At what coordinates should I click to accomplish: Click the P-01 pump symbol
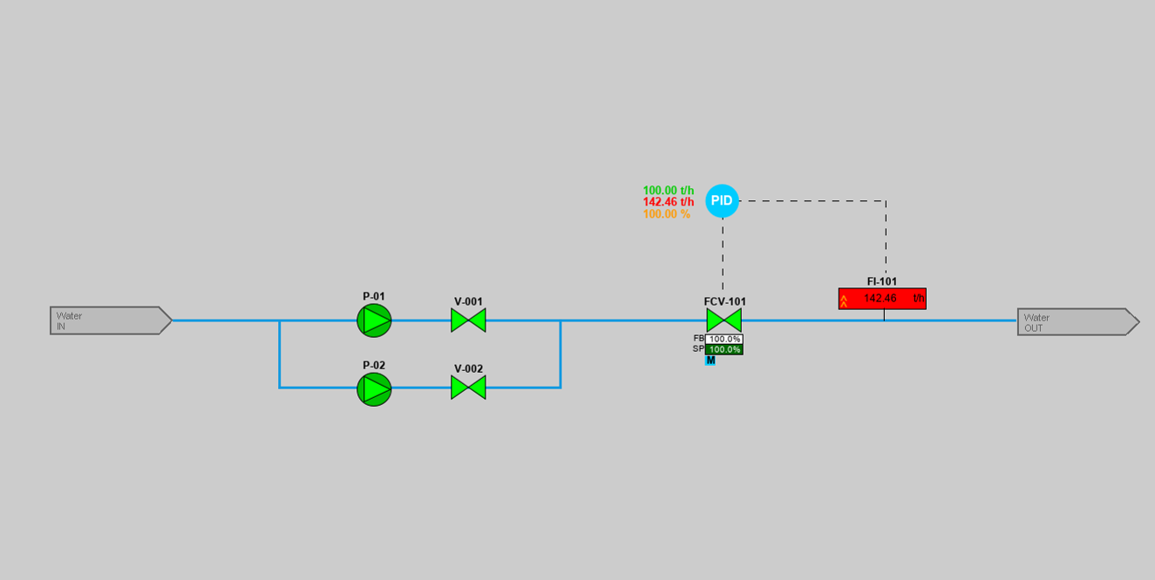374,320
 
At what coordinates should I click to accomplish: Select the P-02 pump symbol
374,388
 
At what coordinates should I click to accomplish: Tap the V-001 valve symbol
468,320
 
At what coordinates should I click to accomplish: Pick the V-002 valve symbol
468,388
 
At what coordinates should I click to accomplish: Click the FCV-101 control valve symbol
724,320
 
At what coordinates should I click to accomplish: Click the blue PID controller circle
722,201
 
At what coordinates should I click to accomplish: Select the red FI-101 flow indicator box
882,299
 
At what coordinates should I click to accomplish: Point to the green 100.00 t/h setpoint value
669,190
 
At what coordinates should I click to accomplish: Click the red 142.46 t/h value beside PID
669,202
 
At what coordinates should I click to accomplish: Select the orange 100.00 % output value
667,214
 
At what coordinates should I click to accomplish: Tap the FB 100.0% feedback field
724,339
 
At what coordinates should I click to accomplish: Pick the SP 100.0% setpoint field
724,349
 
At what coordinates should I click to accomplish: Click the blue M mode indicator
710,361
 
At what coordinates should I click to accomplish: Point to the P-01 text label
374,296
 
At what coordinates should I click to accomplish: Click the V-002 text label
468,368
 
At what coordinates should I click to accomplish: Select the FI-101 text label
882,281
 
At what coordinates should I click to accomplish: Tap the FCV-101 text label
725,301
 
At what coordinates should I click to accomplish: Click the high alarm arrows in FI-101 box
844,300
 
